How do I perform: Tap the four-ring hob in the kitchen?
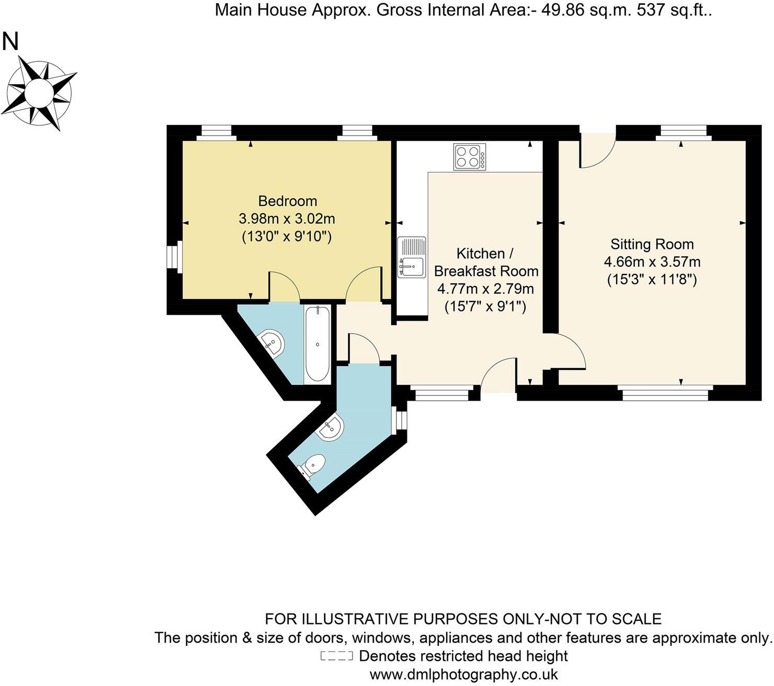click(x=469, y=156)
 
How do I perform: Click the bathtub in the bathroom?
click(x=317, y=345)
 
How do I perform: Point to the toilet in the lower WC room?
click(x=312, y=465)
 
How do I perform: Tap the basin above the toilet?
click(x=331, y=428)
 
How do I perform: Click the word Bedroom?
click(x=288, y=201)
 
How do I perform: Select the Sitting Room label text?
click(x=652, y=244)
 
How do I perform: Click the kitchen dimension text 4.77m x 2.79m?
click(x=485, y=289)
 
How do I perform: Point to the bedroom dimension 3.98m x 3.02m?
click(x=287, y=219)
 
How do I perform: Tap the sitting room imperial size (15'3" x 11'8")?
click(x=652, y=280)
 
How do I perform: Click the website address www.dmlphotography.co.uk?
click(x=463, y=674)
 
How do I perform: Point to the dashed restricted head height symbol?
click(x=336, y=656)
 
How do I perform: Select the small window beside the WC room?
click(x=400, y=419)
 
